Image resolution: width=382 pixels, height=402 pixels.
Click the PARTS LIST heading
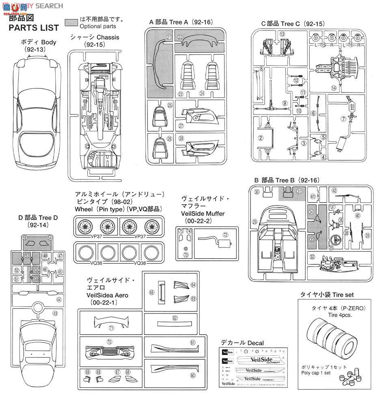(34, 28)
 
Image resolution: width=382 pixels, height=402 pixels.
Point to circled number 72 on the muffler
(225, 235)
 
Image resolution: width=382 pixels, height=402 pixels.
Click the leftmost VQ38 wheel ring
(85, 255)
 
